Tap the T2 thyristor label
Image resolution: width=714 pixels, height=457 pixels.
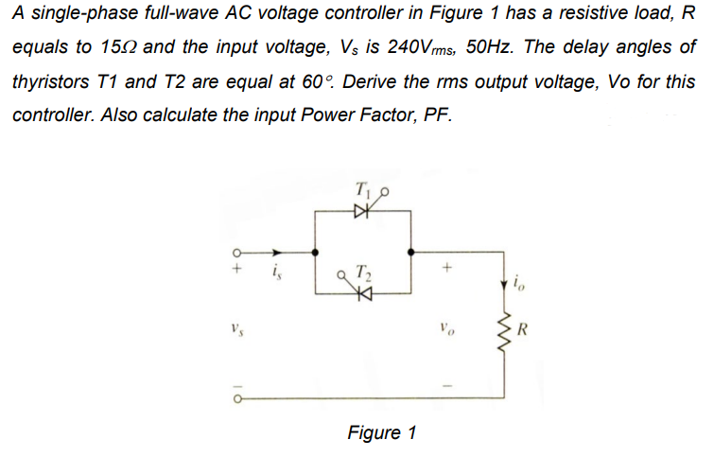coord(362,275)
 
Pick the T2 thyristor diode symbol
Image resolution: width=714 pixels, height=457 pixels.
coord(361,295)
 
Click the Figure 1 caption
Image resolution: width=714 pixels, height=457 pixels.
coord(382,432)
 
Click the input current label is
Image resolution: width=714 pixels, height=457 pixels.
coord(275,275)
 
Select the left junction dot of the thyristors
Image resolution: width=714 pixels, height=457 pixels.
coord(314,253)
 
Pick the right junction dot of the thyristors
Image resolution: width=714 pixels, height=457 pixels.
coord(409,253)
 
